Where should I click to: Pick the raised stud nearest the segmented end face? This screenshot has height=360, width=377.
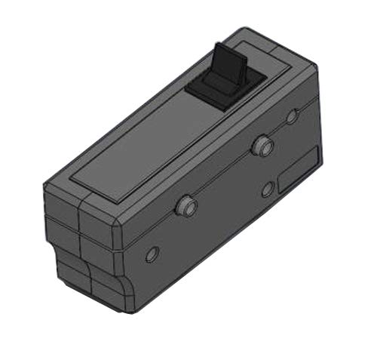coord(184,205)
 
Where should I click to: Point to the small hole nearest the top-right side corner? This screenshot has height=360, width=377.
coord(293,115)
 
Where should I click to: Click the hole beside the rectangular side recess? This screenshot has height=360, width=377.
coord(267,189)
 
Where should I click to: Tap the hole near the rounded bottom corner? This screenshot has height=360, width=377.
coord(152,254)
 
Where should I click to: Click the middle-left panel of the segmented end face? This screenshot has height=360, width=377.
coord(62,235)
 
